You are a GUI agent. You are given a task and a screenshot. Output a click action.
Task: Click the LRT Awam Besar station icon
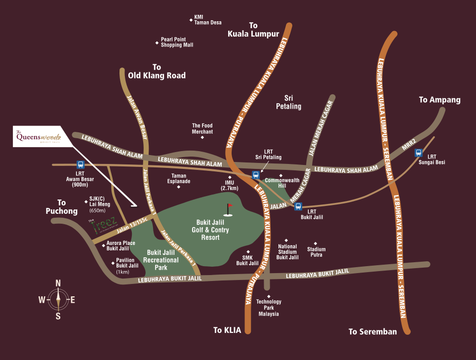click(x=80, y=165)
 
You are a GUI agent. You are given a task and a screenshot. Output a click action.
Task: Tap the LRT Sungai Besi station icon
click(x=418, y=153)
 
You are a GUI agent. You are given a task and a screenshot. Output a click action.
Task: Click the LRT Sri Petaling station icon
click(x=255, y=175)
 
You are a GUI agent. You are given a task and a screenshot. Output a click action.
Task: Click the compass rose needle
click(x=58, y=300)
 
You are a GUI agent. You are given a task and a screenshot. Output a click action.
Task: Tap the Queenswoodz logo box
click(x=39, y=136)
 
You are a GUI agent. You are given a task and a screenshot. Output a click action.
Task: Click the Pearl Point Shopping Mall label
click(x=177, y=42)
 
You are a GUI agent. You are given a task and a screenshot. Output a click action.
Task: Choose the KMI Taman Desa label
click(x=207, y=20)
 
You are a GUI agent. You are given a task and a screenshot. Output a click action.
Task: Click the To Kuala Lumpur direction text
click(x=253, y=30)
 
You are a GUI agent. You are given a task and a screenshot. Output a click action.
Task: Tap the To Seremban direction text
click(x=372, y=332)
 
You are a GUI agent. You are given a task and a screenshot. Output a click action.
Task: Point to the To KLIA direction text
click(x=227, y=330)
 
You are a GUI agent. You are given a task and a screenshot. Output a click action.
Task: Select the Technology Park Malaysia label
click(x=269, y=308)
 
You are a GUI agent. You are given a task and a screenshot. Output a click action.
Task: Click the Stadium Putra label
click(x=317, y=252)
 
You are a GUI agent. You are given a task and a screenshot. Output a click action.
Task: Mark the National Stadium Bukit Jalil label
click(x=287, y=252)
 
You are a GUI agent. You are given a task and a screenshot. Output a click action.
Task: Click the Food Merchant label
click(x=202, y=129)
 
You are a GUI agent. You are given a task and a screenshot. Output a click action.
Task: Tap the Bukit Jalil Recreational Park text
click(x=161, y=260)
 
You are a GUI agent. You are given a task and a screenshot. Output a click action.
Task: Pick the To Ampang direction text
click(x=439, y=100)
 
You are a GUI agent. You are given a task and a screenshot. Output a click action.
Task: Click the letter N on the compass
click(x=58, y=283)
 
